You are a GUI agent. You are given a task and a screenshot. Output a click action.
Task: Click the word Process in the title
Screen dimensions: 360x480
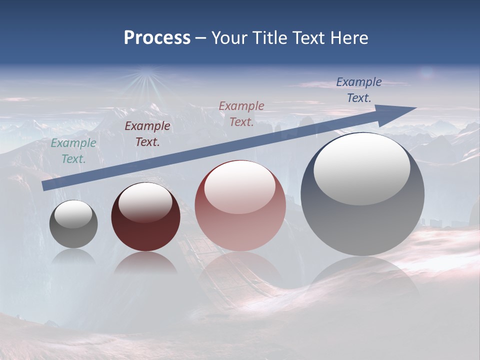[x=157, y=38]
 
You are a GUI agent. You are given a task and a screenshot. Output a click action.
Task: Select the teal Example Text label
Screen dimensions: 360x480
[x=73, y=151]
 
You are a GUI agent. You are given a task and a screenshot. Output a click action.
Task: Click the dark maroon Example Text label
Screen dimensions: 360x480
[x=147, y=134]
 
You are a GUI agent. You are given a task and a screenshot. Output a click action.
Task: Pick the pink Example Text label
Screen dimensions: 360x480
[x=241, y=114]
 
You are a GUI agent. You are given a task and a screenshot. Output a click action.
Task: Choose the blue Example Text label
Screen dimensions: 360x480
[x=359, y=90]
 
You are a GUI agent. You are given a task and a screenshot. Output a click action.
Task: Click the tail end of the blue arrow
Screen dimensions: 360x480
[x=45, y=186]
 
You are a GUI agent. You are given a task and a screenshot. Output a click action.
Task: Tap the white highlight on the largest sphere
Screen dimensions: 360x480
[x=361, y=169]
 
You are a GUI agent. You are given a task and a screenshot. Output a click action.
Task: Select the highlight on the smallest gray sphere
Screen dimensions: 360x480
[x=73, y=214]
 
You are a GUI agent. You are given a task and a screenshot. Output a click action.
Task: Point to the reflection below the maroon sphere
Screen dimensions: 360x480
[x=145, y=263]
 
